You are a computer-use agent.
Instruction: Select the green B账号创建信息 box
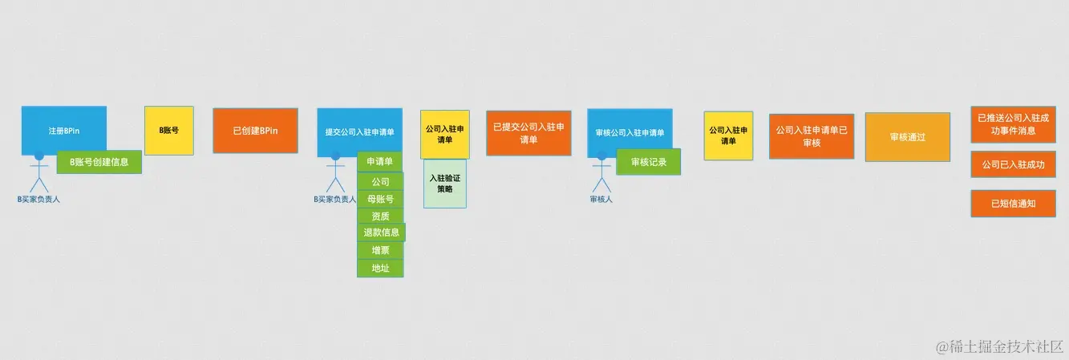pos(99,162)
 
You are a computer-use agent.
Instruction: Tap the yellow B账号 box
pos(168,130)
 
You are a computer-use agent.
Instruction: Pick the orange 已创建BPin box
pos(255,130)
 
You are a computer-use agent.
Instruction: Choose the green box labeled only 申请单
pos(379,162)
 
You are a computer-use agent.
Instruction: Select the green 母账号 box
pos(380,199)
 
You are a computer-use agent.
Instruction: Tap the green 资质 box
pos(380,216)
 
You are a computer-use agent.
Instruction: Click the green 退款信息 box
pos(381,233)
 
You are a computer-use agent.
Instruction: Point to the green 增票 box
pos(380,250)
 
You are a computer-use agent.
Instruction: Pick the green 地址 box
pos(380,268)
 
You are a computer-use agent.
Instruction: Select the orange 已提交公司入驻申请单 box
pos(528,133)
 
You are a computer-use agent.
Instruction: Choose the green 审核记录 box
pos(648,162)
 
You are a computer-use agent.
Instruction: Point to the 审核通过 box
pos(907,137)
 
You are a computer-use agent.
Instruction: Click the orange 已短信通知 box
pos(1013,204)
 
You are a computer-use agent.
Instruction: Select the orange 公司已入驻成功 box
pos(1013,164)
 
